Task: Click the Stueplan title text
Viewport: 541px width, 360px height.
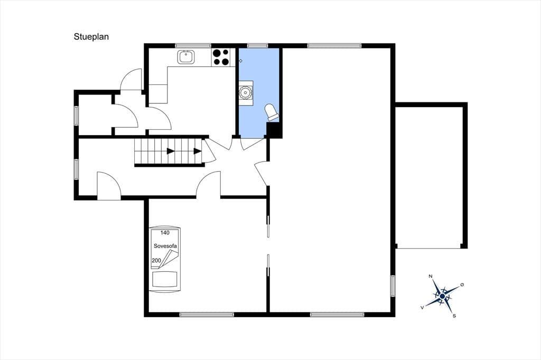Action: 91,37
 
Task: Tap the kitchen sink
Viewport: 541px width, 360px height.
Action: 186,57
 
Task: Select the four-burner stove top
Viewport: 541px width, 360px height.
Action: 220,57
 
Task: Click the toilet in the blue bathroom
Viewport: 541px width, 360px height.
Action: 271,112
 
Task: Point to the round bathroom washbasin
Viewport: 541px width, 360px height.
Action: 246,93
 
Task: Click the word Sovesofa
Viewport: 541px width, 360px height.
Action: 165,246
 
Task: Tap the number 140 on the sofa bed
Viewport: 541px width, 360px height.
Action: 165,233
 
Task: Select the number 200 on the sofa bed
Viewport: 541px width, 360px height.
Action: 156,260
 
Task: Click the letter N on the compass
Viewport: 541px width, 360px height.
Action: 430,276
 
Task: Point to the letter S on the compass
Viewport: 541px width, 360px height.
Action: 454,316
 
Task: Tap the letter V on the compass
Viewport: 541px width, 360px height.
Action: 422,307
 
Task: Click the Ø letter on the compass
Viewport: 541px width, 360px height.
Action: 462,285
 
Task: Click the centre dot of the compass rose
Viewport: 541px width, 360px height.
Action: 442,296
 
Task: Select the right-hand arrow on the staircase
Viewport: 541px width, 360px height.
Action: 198,151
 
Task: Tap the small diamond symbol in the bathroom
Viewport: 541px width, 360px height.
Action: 241,61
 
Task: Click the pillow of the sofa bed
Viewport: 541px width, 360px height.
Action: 165,279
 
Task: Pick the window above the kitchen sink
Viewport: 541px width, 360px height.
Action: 193,45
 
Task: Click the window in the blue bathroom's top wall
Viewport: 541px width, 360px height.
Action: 258,45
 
